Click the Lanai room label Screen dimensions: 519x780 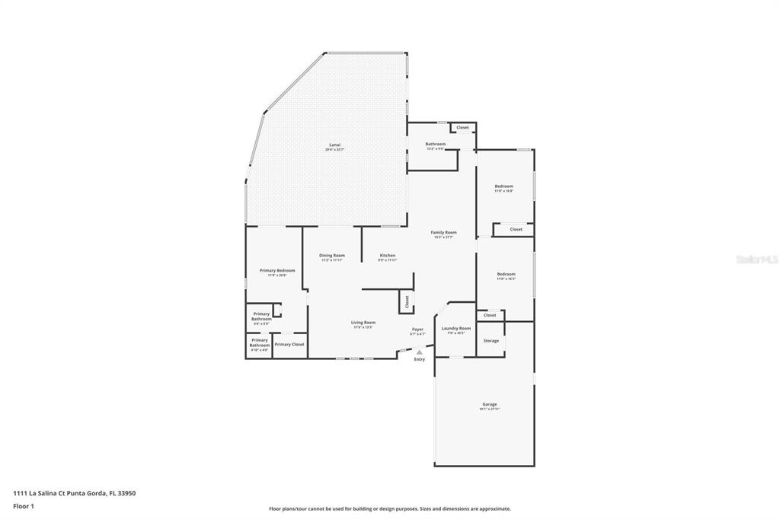pyautogui.click(x=334, y=145)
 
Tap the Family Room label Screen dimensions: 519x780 pyautogui.click(x=443, y=232)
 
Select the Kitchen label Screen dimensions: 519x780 pyautogui.click(x=388, y=255)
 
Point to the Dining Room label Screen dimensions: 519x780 pyautogui.click(x=331, y=255)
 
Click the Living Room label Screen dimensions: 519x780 pyautogui.click(x=363, y=322)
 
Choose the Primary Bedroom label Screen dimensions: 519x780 pyautogui.click(x=277, y=270)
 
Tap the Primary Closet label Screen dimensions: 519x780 pyautogui.click(x=289, y=344)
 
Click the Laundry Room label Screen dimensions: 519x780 pyautogui.click(x=456, y=328)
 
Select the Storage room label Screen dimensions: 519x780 pyautogui.click(x=491, y=340)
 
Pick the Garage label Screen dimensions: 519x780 pyautogui.click(x=489, y=404)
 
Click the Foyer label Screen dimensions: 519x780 pyautogui.click(x=417, y=329)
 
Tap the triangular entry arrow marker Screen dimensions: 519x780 pyautogui.click(x=419, y=352)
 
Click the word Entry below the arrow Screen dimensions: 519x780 pyautogui.click(x=419, y=359)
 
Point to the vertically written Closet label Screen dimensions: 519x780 pyautogui.click(x=407, y=301)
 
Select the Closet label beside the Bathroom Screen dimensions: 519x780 pyautogui.click(x=462, y=127)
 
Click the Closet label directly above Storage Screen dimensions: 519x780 pyautogui.click(x=490, y=314)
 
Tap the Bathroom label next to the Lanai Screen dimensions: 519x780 pyautogui.click(x=435, y=144)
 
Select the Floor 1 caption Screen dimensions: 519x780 pyautogui.click(x=24, y=505)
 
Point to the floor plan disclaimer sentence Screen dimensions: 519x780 pyautogui.click(x=389, y=508)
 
